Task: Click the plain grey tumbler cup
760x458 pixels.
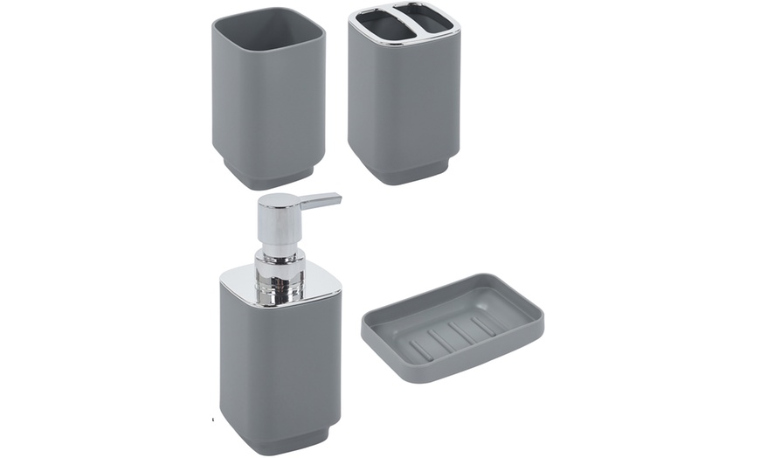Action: [x=268, y=105]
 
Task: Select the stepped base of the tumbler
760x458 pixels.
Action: [x=268, y=177]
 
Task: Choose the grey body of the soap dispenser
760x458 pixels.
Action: [x=280, y=358]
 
